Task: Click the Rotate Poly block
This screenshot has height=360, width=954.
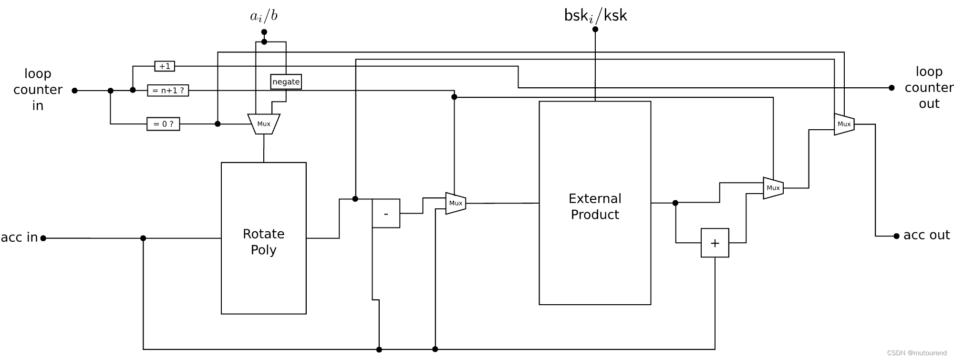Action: pyautogui.click(x=263, y=238)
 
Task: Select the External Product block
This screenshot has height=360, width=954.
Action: pyautogui.click(x=595, y=203)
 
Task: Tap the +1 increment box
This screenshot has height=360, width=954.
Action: pyautogui.click(x=165, y=66)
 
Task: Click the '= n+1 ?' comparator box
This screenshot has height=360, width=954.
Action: pyautogui.click(x=168, y=90)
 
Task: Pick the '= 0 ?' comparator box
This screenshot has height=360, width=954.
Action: pyautogui.click(x=163, y=124)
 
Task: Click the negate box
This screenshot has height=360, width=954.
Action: pyautogui.click(x=286, y=82)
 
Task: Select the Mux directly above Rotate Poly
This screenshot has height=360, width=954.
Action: pyautogui.click(x=264, y=124)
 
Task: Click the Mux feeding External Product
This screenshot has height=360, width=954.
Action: pyautogui.click(x=456, y=203)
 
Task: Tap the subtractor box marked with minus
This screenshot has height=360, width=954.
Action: pyautogui.click(x=386, y=214)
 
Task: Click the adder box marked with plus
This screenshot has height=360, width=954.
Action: pyautogui.click(x=715, y=243)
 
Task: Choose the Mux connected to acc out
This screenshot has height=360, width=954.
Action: pyautogui.click(x=844, y=124)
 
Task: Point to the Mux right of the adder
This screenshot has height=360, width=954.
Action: pyautogui.click(x=773, y=188)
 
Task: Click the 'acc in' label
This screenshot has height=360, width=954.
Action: pyautogui.click(x=19, y=237)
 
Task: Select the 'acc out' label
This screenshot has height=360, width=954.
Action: pyautogui.click(x=926, y=235)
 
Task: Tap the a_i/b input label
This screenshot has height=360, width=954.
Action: pyautogui.click(x=264, y=16)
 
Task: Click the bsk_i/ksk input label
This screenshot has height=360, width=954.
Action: pyautogui.click(x=595, y=16)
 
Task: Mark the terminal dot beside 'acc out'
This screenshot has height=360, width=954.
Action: pyautogui.click(x=896, y=236)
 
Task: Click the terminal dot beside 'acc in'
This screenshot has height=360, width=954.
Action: pyautogui.click(x=43, y=238)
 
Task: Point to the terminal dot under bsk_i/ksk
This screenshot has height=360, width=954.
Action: pyautogui.click(x=595, y=29)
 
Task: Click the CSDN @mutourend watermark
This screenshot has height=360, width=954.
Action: pyautogui.click(x=916, y=353)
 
